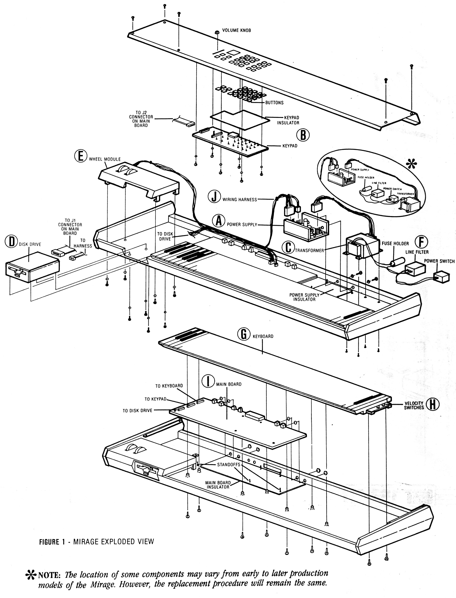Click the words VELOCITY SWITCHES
pos(414,405)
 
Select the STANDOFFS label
pos(228,464)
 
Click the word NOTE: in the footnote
pos(50,575)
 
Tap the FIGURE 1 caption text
pos(52,542)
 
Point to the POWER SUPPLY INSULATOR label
pos(304,297)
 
